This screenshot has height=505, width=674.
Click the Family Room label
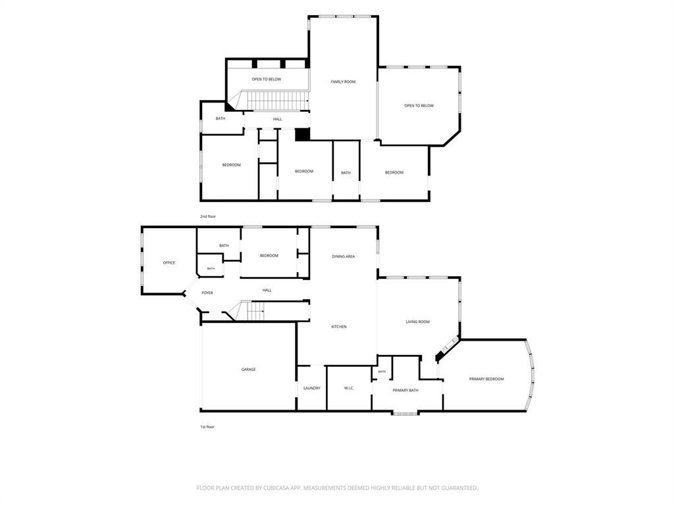click(x=343, y=82)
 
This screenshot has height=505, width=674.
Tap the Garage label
click(x=248, y=370)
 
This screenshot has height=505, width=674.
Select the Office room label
click(x=169, y=263)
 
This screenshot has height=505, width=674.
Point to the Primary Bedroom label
click(x=486, y=379)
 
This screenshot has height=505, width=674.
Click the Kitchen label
click(x=339, y=327)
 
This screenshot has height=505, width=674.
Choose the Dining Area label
click(x=344, y=257)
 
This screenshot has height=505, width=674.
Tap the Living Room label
click(x=418, y=322)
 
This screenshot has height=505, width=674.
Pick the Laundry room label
click(x=311, y=388)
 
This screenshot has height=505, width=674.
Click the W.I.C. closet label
click(x=349, y=388)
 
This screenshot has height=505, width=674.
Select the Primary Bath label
click(x=405, y=391)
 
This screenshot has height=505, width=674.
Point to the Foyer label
click(x=207, y=293)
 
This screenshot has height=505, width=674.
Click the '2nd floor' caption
click(x=208, y=216)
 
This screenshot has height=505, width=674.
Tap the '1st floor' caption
click(x=207, y=427)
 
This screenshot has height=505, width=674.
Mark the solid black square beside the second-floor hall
click(x=302, y=134)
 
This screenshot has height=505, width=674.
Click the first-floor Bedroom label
click(x=269, y=256)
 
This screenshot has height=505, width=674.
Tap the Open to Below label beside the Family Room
click(x=419, y=106)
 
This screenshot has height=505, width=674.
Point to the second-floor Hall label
click(x=278, y=120)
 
